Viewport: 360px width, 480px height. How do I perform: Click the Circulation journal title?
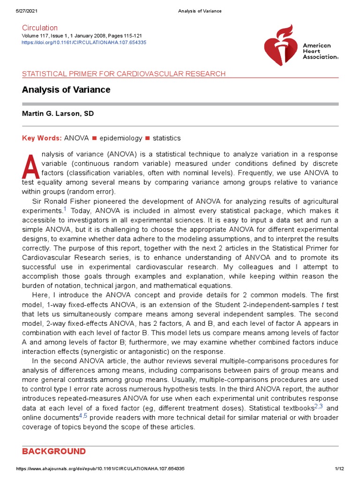tap(40, 28)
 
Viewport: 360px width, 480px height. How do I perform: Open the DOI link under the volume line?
tap(84, 42)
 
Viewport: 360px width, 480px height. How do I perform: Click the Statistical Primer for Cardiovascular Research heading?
tap(124, 74)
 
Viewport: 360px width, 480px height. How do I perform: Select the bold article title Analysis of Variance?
tap(66, 90)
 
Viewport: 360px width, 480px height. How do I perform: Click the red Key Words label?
tap(42, 138)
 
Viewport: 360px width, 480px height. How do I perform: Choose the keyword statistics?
tap(166, 138)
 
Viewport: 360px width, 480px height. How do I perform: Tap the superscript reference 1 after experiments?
tap(65, 209)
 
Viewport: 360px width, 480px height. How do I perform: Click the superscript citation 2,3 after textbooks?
tap(318, 406)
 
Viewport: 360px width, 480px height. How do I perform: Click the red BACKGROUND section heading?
tap(54, 451)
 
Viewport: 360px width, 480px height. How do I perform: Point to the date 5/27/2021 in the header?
tap(27, 11)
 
